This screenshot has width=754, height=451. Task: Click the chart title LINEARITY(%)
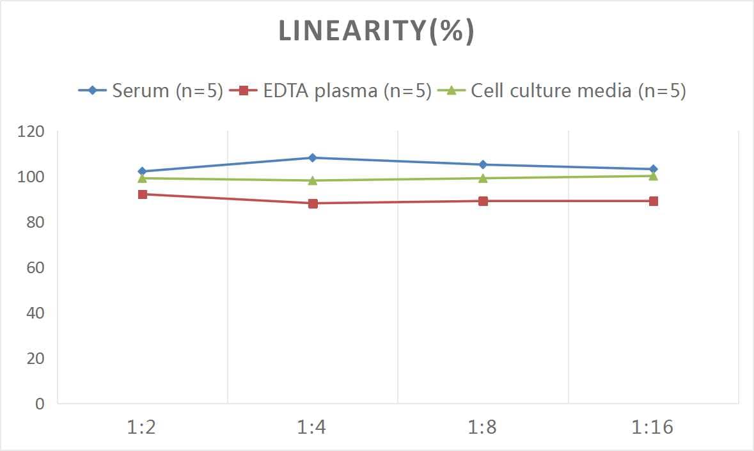[377, 31]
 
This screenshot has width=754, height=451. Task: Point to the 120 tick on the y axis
[31, 132]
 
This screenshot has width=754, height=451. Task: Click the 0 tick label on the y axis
[40, 404]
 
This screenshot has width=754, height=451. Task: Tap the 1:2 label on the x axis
[142, 427]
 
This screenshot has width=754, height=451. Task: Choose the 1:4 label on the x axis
[312, 427]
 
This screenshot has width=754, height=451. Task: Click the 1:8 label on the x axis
[483, 427]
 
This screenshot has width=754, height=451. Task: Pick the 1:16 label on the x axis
[652, 427]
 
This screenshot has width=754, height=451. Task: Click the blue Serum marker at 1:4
[313, 157]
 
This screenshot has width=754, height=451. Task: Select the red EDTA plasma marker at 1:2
[143, 194]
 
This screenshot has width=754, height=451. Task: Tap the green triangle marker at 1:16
[653, 175]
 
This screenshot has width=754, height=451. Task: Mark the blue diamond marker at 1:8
[483, 164]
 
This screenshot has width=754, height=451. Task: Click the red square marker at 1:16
[653, 201]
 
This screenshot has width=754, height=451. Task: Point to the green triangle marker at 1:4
[313, 180]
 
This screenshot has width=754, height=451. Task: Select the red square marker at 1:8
[483, 201]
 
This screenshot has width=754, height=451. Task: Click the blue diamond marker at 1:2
[143, 171]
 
